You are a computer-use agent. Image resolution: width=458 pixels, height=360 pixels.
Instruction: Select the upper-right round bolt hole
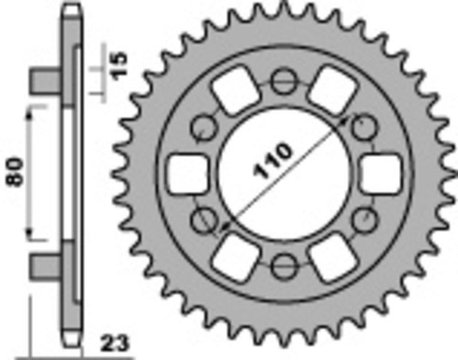click(362, 128)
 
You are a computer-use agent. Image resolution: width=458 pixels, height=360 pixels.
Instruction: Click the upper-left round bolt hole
click(203, 128)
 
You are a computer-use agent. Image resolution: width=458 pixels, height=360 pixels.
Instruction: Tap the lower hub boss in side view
click(46, 266)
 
